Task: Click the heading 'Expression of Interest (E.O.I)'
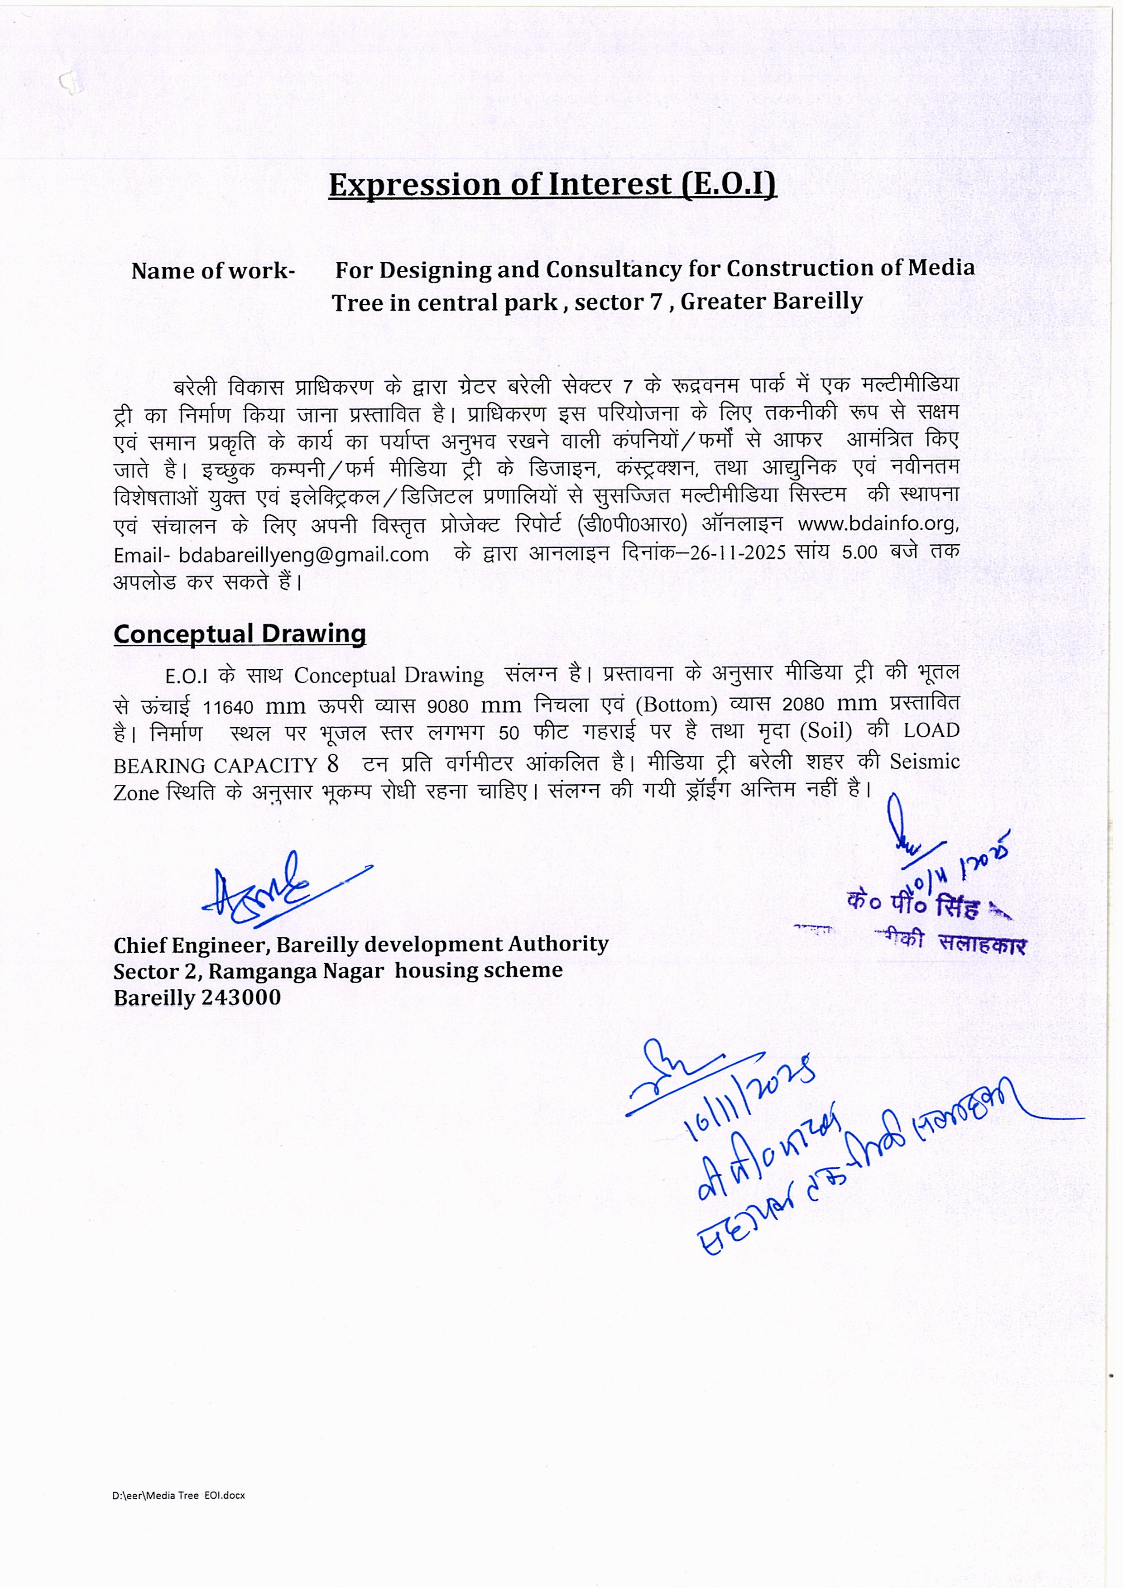point(552,185)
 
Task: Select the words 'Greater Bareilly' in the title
point(772,302)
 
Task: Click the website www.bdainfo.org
point(877,523)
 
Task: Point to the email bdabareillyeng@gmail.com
point(303,555)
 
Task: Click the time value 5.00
point(859,552)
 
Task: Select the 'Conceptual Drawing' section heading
point(239,633)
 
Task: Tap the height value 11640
point(227,707)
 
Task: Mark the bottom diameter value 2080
point(803,705)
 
